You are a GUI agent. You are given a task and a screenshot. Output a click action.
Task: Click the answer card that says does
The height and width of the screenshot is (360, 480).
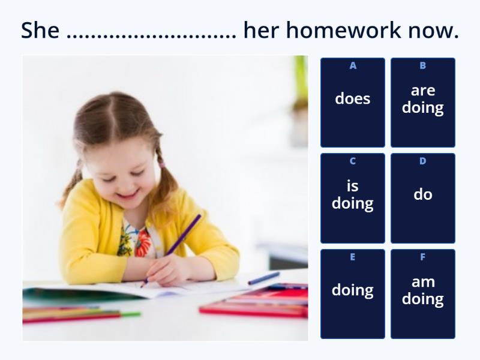tap(353, 103)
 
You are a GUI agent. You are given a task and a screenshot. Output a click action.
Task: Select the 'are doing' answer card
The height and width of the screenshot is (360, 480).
tap(423, 103)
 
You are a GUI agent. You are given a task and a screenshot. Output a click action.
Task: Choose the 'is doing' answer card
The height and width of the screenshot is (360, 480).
tap(353, 199)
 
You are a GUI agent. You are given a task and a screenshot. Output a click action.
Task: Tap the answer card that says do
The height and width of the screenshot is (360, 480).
tap(423, 199)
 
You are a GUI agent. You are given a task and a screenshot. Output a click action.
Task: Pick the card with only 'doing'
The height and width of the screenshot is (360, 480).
tap(353, 294)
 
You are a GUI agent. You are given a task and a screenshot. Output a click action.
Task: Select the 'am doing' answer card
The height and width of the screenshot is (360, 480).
tap(423, 294)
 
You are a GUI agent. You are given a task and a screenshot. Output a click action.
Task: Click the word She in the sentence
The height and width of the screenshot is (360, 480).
tap(40, 30)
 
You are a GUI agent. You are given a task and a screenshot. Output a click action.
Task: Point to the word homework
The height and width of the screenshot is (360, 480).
tap(343, 30)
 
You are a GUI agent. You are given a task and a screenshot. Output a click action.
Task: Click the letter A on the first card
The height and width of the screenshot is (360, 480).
tap(353, 65)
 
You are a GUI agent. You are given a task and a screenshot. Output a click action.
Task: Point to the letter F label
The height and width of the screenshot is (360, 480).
tap(423, 257)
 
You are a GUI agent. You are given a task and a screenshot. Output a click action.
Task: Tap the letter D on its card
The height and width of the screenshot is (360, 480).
tap(423, 161)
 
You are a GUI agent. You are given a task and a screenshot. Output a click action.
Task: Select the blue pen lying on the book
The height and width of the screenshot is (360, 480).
tap(264, 278)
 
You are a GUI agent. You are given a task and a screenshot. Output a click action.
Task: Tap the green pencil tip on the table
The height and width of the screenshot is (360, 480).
tap(134, 314)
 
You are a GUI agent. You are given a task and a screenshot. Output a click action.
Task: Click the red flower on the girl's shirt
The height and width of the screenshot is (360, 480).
tap(143, 243)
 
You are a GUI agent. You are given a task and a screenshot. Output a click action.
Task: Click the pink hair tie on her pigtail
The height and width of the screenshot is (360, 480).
tap(161, 164)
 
